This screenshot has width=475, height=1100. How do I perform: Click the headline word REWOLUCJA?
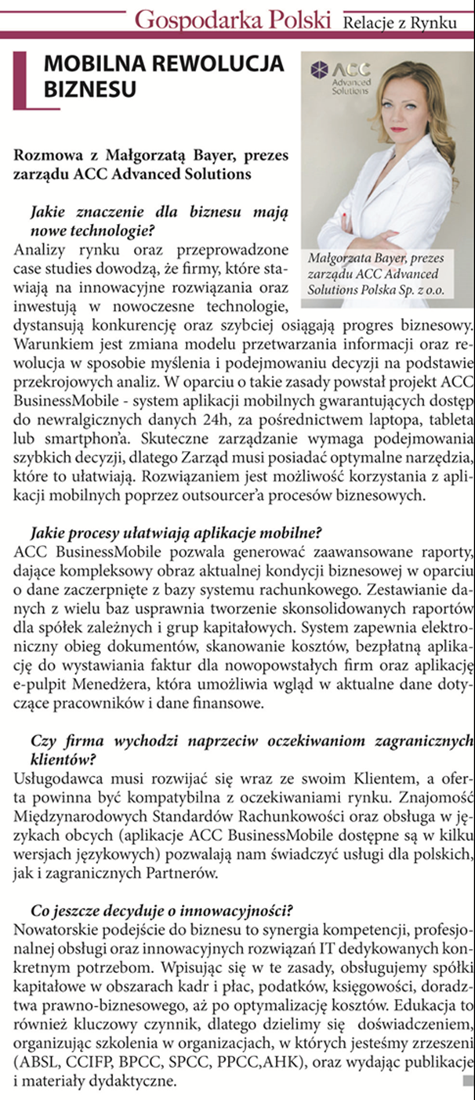coord(216,63)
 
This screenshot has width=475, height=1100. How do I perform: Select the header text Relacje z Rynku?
coord(398,23)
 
